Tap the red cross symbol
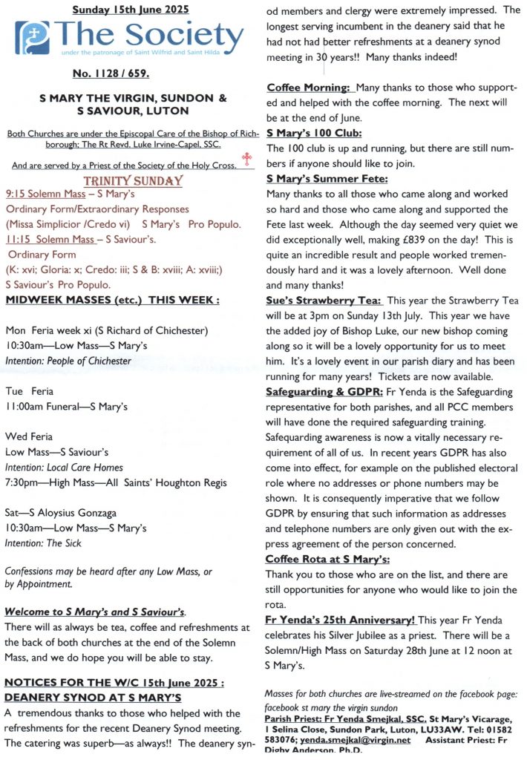[247, 160]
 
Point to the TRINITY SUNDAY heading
[134, 181]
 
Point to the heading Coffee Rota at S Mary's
[327, 560]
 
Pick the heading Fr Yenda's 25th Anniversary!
[341, 620]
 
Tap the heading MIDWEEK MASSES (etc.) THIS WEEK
[112, 300]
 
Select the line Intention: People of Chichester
[68, 361]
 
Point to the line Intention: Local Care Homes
[64, 468]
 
